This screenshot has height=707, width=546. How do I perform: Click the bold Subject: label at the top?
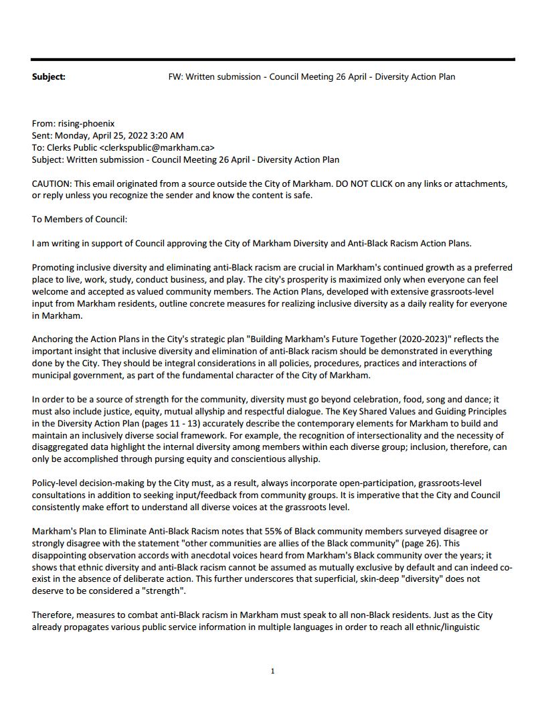(49, 77)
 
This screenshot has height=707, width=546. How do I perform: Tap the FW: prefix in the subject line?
(176, 77)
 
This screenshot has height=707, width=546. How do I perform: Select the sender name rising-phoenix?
(86, 124)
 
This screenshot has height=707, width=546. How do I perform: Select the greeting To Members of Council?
(80, 220)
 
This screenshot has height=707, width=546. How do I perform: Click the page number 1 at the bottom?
(272, 672)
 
